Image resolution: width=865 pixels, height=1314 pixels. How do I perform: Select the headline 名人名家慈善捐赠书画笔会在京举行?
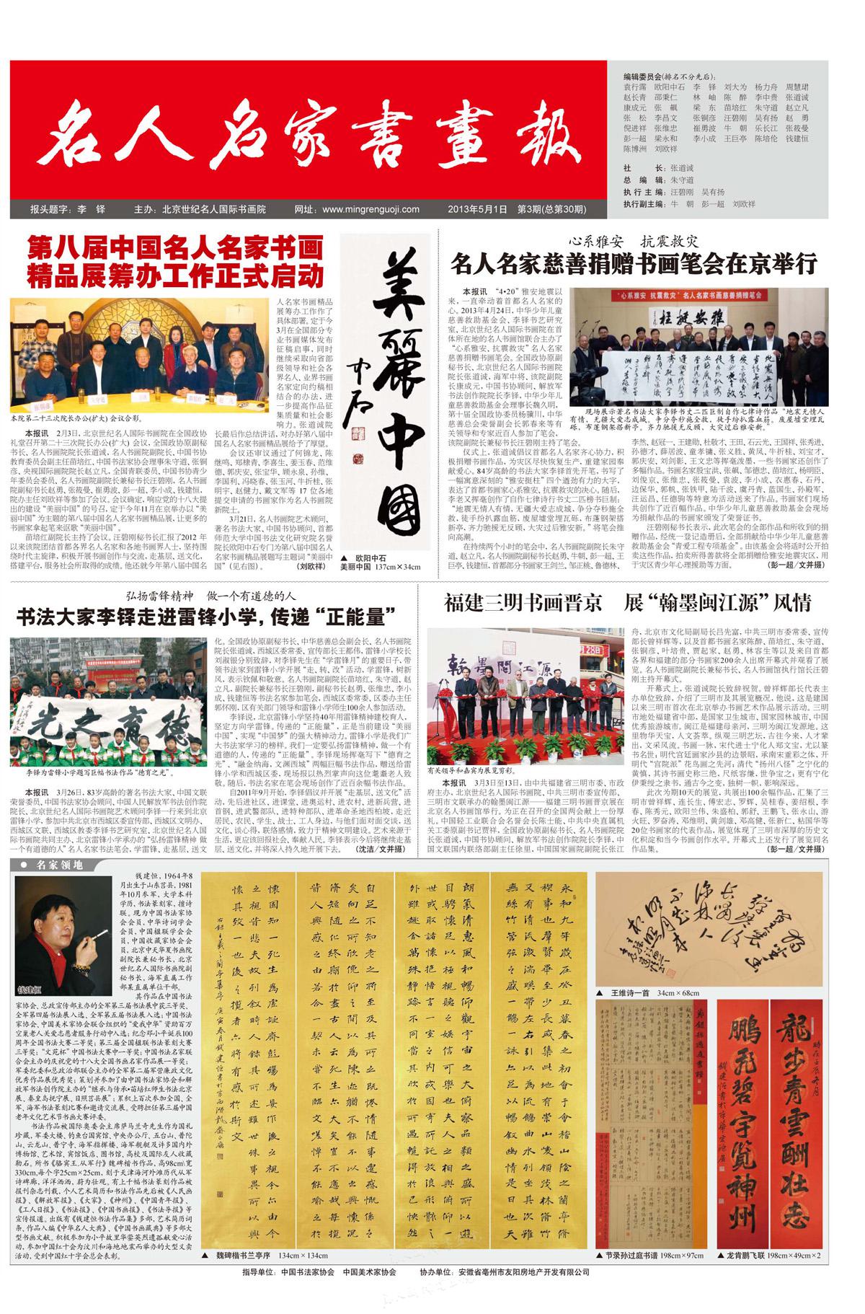634,264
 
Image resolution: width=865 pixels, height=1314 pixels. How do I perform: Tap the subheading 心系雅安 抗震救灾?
634,241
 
